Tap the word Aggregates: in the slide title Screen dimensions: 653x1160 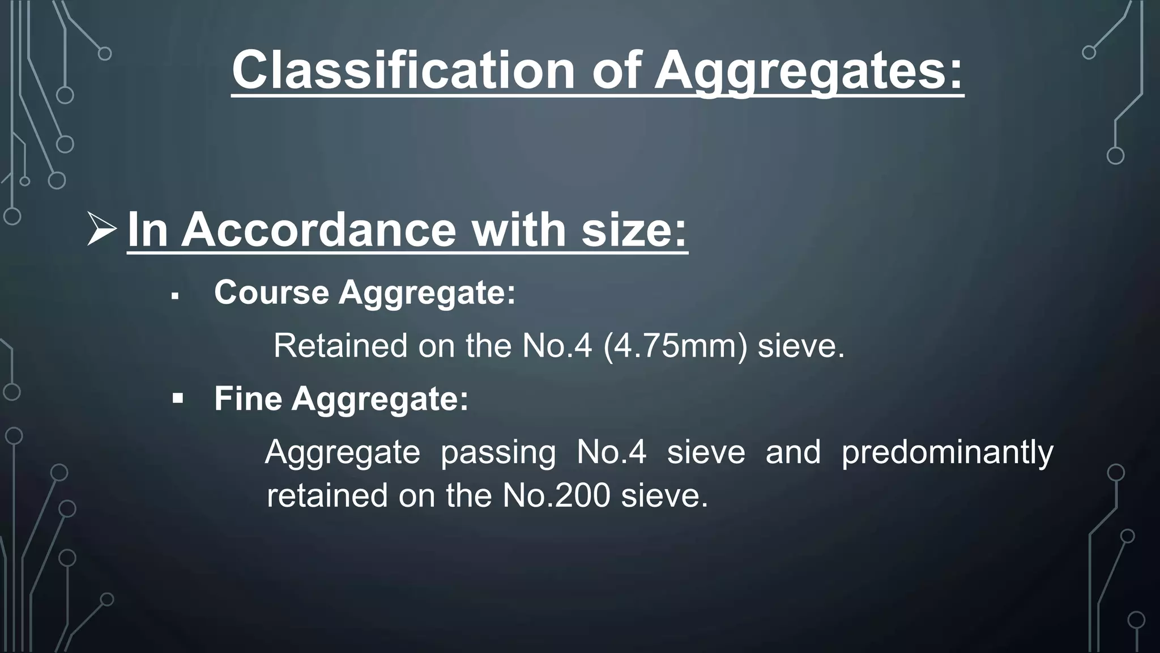click(x=808, y=71)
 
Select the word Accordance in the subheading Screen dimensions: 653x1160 click(x=318, y=230)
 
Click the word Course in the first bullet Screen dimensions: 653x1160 click(x=271, y=292)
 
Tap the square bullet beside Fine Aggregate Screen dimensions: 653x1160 click(x=178, y=399)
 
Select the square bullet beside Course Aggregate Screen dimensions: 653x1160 click(x=175, y=296)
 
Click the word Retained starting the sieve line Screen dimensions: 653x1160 click(x=340, y=346)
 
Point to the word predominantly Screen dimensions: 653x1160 click(x=947, y=452)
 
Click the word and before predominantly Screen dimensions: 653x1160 click(x=793, y=452)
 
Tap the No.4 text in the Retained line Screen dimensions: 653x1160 click(x=557, y=346)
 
